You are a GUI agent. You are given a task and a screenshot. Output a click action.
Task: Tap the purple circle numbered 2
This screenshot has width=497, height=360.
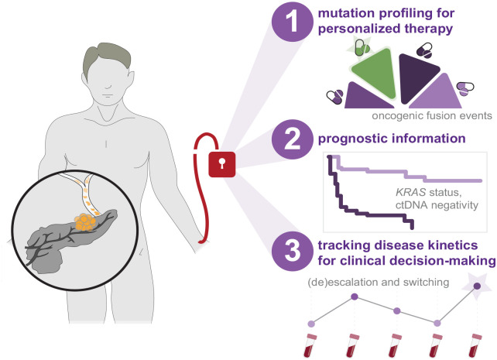[x=290, y=139]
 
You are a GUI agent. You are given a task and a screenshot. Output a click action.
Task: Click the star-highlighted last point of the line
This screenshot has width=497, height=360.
[x=475, y=286]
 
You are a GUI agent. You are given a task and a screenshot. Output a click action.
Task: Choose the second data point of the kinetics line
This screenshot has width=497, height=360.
[x=355, y=297]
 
